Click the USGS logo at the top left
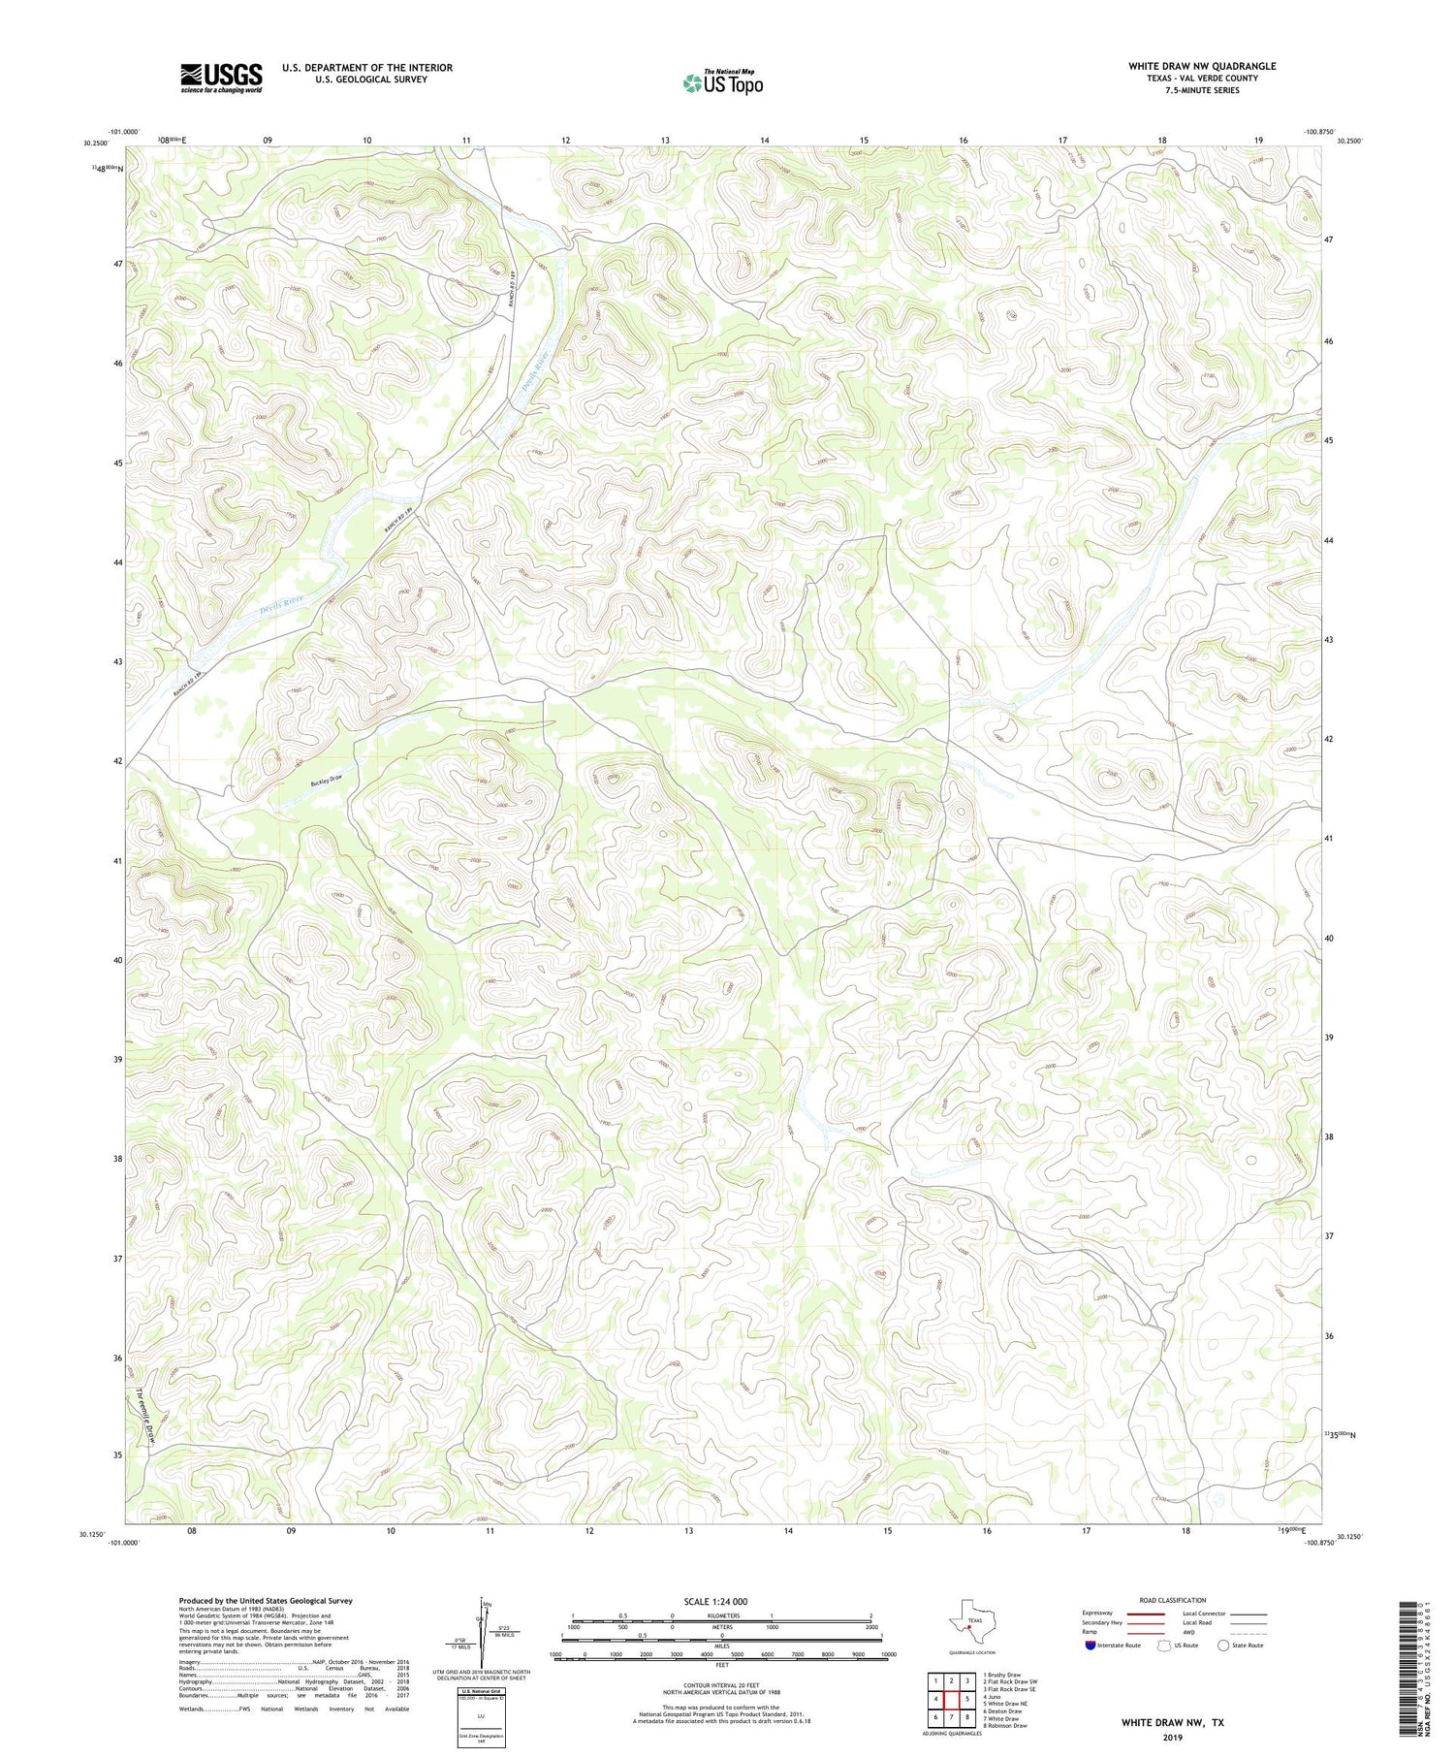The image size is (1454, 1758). tap(221, 78)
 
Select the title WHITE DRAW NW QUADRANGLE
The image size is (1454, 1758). tap(1201, 66)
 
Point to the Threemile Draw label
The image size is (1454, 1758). tap(146, 1416)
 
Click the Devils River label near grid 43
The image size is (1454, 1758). tap(281, 606)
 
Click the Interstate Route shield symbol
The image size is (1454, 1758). tap(1090, 1645)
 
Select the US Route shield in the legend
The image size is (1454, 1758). tap(1163, 1645)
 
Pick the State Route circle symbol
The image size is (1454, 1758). tap(1223, 1645)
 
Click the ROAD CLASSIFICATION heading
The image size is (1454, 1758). tap(1173, 1600)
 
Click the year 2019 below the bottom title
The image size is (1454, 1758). tap(1172, 1730)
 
